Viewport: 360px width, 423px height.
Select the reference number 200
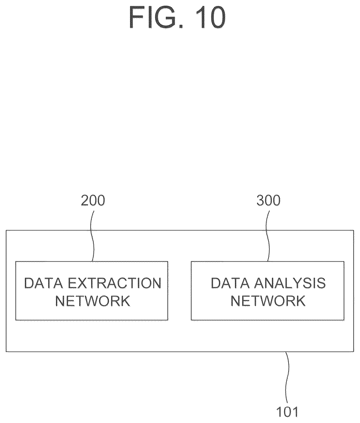pyautogui.click(x=93, y=200)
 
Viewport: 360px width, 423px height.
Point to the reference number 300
pyautogui.click(x=268, y=200)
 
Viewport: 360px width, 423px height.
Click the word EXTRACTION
pyautogui.click(x=115, y=283)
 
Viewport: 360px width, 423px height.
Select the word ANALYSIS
pyautogui.click(x=290, y=283)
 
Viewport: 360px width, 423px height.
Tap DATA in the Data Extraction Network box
pyautogui.click(x=44, y=283)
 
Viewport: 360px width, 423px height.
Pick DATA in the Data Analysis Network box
pyautogui.click(x=230, y=283)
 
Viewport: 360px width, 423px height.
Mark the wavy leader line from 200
pyautogui.click(x=92, y=236)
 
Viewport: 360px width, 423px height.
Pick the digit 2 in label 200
pyautogui.click(x=85, y=200)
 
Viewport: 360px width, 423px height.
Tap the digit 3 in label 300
pyautogui.click(x=260, y=200)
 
